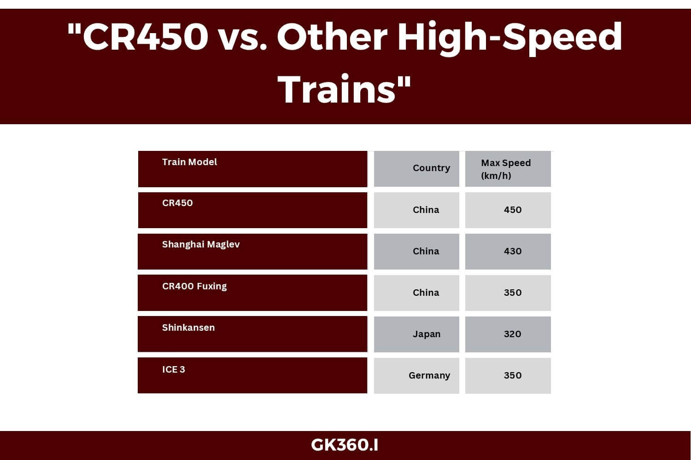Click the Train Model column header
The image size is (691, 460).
[x=189, y=162]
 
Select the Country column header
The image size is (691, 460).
[x=431, y=168]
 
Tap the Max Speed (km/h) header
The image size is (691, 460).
[x=506, y=169]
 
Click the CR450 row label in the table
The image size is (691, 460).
[x=177, y=203]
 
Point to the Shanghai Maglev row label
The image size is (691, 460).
[x=201, y=244]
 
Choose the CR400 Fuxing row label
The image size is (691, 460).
[x=194, y=286]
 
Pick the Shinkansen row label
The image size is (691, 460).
[x=188, y=328]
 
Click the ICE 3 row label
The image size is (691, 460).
[x=174, y=369]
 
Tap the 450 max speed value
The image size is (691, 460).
[x=513, y=210]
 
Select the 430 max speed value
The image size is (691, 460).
[x=513, y=251]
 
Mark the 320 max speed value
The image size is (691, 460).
[x=513, y=334]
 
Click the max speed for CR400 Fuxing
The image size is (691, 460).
[x=513, y=293]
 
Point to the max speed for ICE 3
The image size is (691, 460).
[x=513, y=375]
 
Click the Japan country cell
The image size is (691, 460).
[x=427, y=334]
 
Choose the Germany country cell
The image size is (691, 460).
[x=429, y=375]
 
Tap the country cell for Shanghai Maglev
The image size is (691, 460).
[x=426, y=251]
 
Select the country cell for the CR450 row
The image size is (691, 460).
[x=426, y=210]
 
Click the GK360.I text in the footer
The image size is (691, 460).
[x=345, y=445]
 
